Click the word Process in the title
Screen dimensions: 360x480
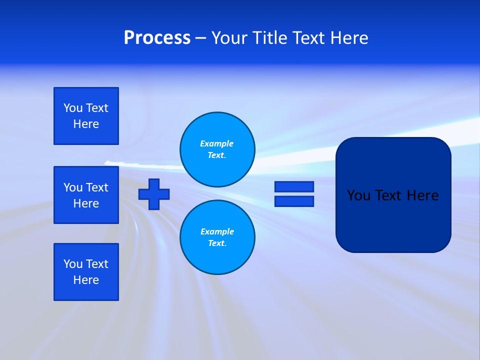click(x=157, y=38)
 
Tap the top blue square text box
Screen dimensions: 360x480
click(x=86, y=116)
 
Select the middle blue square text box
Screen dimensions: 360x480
click(x=86, y=195)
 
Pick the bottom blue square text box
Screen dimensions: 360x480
click(x=86, y=272)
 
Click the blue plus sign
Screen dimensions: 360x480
click(x=154, y=194)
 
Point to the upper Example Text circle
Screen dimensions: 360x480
click(x=217, y=149)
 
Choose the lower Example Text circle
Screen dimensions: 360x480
click(x=217, y=237)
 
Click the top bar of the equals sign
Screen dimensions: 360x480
click(x=294, y=186)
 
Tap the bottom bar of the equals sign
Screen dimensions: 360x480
click(x=294, y=201)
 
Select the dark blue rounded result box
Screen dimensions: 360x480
click(x=393, y=220)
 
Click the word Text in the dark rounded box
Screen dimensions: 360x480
click(x=388, y=195)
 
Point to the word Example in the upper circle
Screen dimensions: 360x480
click(x=217, y=143)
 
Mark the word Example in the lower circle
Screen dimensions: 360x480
click(x=217, y=231)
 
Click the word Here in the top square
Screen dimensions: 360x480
click(x=86, y=124)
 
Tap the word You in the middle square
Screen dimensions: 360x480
click(x=73, y=187)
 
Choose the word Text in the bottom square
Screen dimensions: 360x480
click(x=97, y=264)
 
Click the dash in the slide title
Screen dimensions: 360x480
click(x=200, y=38)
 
